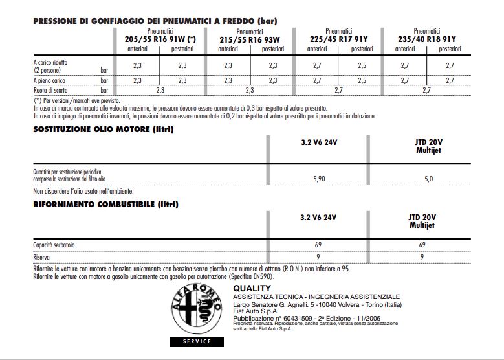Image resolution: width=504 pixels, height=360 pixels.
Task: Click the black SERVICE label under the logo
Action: pos(197,341)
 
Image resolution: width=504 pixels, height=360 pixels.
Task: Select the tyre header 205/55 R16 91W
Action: pos(160,39)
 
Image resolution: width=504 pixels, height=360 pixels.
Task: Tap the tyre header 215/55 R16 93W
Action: pos(250,39)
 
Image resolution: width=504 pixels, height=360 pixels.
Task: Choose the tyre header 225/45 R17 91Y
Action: pos(339,39)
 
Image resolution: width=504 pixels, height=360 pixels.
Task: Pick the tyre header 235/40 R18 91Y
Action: pos(427,39)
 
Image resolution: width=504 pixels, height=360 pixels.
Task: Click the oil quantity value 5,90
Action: pos(319,179)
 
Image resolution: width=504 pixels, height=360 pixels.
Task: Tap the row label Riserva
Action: pos(42,257)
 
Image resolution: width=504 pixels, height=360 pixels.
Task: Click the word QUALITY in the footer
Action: pos(252,288)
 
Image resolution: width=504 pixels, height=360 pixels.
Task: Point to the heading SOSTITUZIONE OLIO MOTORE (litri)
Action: pos(104,129)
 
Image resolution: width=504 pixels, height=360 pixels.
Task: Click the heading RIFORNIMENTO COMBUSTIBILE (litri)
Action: pos(105,205)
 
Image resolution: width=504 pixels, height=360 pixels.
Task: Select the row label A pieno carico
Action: pos(50,80)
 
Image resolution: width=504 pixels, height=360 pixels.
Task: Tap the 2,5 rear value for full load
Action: pos(362,80)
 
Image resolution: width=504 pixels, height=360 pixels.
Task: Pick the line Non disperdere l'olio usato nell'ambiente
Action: pos(83,191)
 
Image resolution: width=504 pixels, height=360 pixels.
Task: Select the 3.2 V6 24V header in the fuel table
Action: pos(319,217)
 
